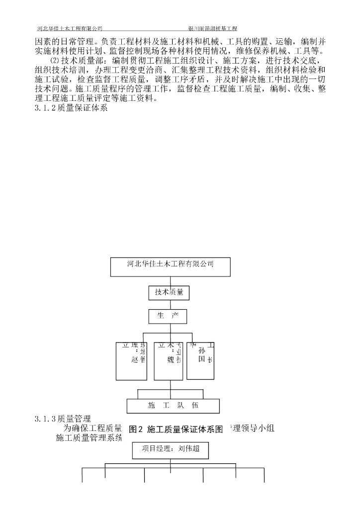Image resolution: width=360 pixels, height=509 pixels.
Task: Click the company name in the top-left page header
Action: [x=70, y=29]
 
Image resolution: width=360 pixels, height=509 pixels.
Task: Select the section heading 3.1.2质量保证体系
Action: [x=71, y=108]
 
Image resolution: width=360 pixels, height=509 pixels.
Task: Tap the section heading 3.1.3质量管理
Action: [x=63, y=419]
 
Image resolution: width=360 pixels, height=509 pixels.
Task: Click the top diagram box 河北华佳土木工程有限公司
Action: [x=170, y=266]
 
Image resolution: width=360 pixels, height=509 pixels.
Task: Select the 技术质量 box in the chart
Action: [x=169, y=293]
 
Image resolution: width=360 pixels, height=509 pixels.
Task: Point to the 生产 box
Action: [x=169, y=316]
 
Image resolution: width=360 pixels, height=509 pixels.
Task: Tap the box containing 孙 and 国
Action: [x=201, y=360]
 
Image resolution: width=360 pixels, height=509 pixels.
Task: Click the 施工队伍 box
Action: [x=173, y=406]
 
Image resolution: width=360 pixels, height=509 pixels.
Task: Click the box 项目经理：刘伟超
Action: [x=170, y=450]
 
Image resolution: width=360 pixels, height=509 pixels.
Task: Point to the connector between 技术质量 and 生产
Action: [x=169, y=304]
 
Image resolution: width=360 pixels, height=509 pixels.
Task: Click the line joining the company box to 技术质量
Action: [x=169, y=281]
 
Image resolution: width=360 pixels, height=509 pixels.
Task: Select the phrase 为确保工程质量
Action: [x=93, y=427]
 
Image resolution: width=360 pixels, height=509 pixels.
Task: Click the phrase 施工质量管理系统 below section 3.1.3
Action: [x=89, y=438]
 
